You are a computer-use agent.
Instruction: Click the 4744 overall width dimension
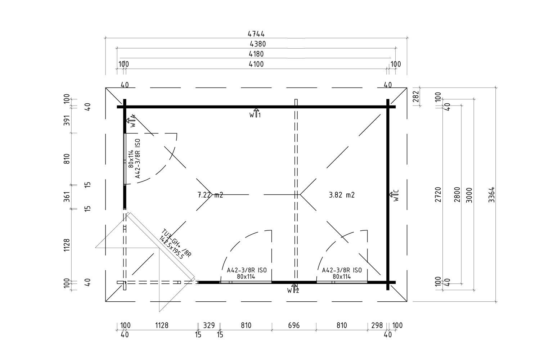(256, 34)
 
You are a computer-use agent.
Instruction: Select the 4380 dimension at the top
(258, 44)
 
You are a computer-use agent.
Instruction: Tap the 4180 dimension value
(256, 54)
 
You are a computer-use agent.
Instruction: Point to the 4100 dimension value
(256, 64)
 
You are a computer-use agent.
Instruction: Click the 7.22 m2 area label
(210, 195)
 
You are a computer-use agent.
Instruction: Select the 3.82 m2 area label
(342, 195)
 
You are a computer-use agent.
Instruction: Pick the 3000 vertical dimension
(469, 195)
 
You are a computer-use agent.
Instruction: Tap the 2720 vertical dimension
(438, 195)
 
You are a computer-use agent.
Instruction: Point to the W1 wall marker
(255, 113)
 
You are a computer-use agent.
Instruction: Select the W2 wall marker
(293, 289)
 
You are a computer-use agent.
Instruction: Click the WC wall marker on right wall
(395, 195)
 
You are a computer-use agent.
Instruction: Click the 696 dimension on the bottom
(294, 325)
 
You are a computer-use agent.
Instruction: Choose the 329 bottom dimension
(209, 325)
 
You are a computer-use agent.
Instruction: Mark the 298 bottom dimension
(377, 325)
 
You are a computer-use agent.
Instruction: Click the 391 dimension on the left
(67, 120)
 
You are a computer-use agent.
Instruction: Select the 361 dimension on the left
(67, 197)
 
